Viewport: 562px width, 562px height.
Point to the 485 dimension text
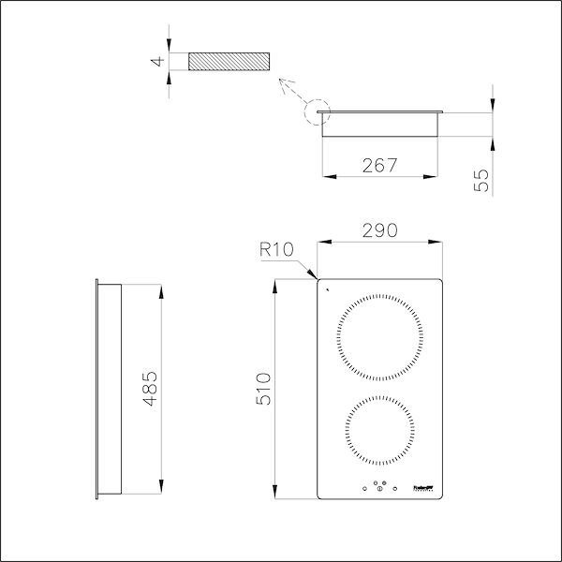click(x=151, y=388)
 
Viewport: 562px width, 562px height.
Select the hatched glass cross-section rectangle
click(x=229, y=62)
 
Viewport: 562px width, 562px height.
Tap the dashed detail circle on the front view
click(x=318, y=114)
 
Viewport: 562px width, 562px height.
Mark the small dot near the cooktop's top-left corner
click(x=328, y=290)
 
